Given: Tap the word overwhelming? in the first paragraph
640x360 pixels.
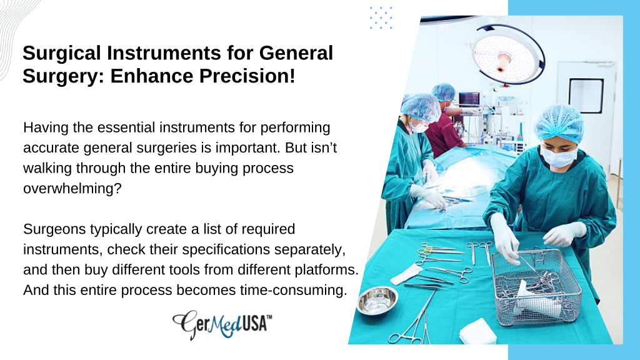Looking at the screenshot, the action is pos(72,189).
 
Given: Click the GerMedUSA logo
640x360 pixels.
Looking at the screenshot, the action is pos(222,324).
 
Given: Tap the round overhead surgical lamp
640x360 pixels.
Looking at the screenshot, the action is pos(508,54).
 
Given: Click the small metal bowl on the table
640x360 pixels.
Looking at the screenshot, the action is pos(377,301).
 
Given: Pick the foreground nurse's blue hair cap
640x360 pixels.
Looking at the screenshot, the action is pos(559,123).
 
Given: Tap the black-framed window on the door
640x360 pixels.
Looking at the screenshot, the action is pos(586,96).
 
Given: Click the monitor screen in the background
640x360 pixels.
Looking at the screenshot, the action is pos(469,99).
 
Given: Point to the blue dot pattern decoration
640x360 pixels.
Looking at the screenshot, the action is pos(381,17).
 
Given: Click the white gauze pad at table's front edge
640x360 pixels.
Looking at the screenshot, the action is pos(477,331).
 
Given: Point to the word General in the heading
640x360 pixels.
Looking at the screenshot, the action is pos(296,54).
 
